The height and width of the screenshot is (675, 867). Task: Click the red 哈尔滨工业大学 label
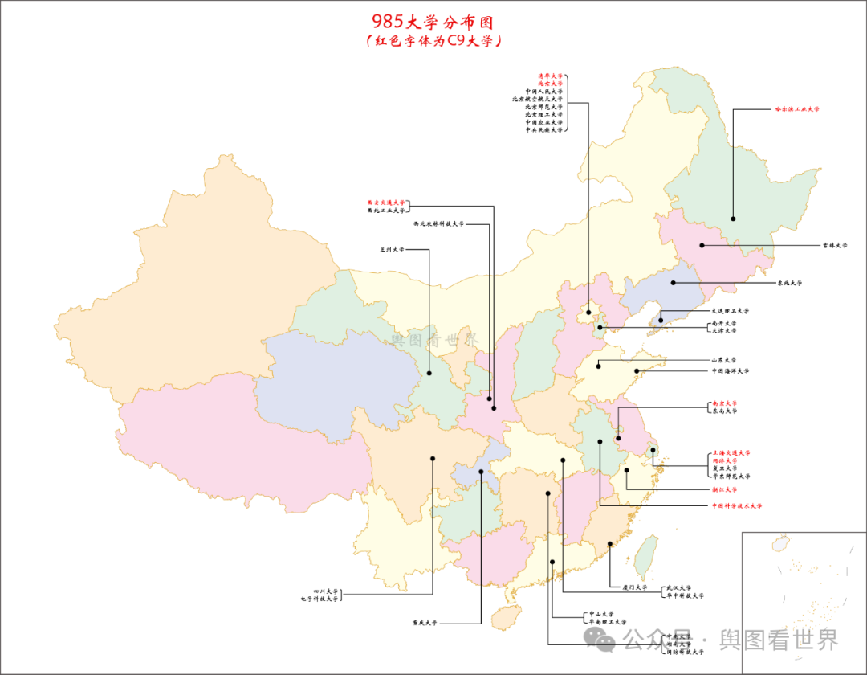pos(796,108)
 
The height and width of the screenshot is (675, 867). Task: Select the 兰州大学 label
pos(393,249)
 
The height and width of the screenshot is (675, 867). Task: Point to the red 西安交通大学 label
pos(386,202)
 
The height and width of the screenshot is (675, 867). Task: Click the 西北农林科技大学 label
pos(438,224)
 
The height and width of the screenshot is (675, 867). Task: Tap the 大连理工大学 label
pos(730,311)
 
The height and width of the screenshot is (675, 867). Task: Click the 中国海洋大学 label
pos(730,371)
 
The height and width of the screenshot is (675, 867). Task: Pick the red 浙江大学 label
pos(723,489)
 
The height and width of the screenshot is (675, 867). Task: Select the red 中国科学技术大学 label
pos(736,506)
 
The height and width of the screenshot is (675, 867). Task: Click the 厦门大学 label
pos(634,587)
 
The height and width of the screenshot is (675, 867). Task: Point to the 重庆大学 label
pos(425,623)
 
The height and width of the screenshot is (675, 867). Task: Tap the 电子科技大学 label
pos(320,599)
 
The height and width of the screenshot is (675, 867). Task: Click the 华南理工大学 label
pos(607,622)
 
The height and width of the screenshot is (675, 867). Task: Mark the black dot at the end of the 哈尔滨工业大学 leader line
pos(733,219)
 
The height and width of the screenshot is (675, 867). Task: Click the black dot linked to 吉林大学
pos(702,245)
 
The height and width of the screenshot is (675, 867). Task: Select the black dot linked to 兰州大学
pos(429,372)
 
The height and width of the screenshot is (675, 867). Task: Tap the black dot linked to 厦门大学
pos(610,544)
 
